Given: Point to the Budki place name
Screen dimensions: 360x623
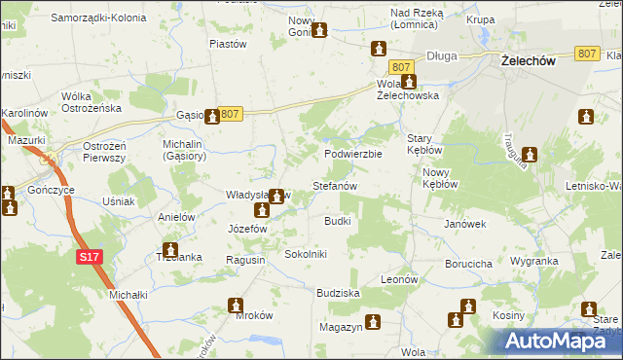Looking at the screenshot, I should tap(337, 221).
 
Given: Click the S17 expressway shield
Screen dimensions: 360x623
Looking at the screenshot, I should tap(89, 256).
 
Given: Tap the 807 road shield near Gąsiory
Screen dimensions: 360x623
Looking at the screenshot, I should tap(229, 115).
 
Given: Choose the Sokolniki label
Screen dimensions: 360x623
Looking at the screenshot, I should tap(306, 253).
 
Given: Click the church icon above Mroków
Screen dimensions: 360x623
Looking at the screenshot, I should tap(236, 306).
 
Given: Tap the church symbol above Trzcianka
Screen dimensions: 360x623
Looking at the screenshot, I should tap(170, 249).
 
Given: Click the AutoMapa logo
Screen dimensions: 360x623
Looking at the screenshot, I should tap(564, 341).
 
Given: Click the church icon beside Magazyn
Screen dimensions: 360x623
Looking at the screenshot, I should tap(371, 321).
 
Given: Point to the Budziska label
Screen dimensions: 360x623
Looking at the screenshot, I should tap(339, 292).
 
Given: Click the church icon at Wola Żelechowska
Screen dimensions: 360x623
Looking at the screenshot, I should tap(410, 83).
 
